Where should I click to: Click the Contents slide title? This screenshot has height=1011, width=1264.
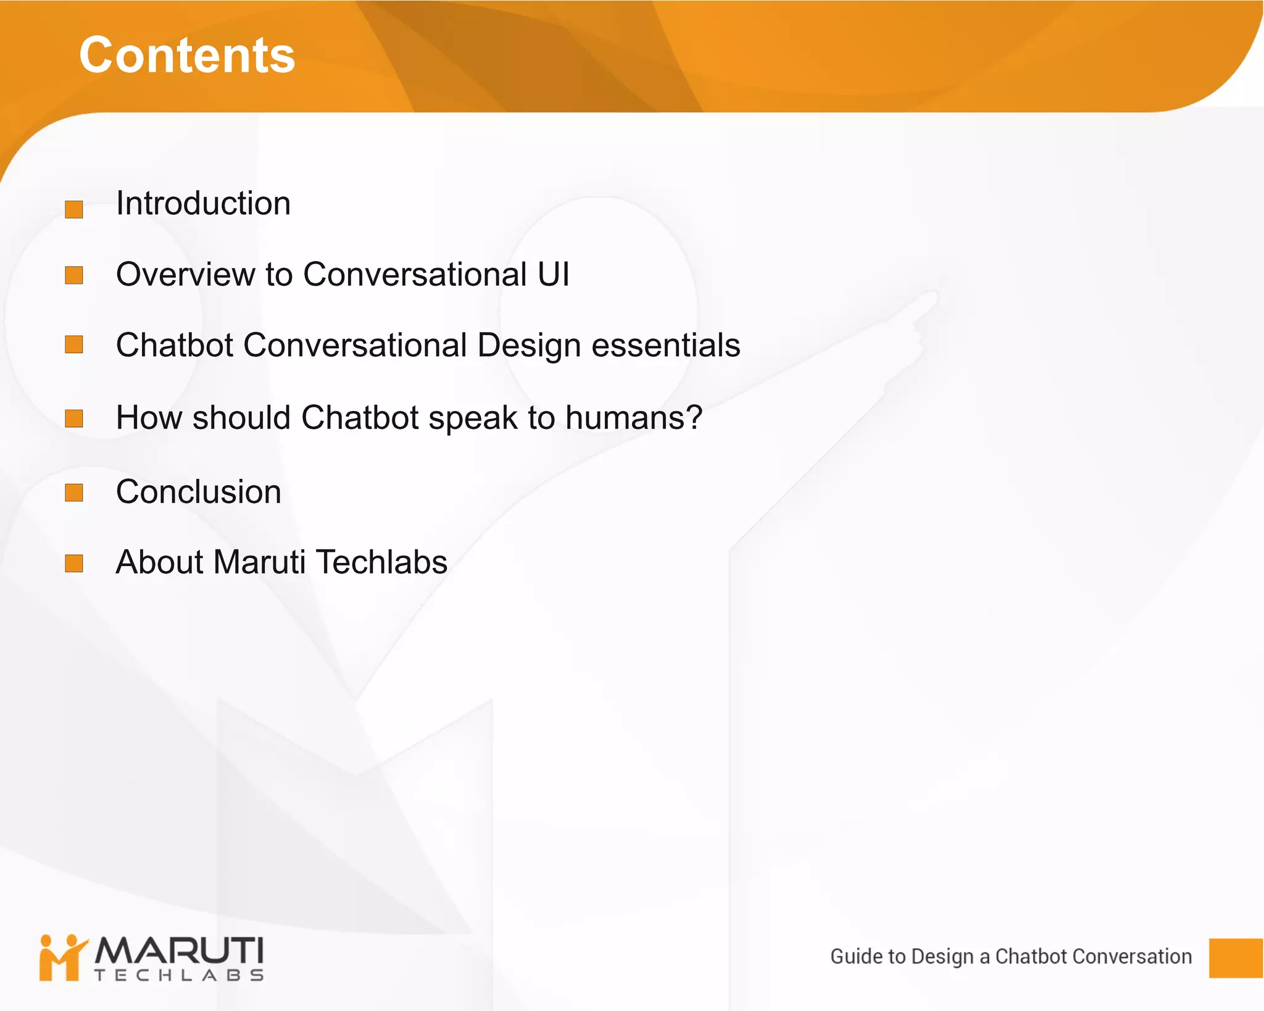[x=187, y=56]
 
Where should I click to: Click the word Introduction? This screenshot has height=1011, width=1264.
[x=203, y=204]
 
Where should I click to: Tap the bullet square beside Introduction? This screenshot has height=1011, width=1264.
[x=74, y=209]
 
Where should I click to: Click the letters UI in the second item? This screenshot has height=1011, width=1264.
[x=553, y=274]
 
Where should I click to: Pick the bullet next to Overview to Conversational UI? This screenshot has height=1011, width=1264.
[x=74, y=275]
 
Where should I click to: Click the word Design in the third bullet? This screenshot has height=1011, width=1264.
[x=529, y=346]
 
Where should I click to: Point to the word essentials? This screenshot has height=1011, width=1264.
[x=665, y=345]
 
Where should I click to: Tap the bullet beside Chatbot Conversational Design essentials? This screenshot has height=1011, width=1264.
[x=74, y=344]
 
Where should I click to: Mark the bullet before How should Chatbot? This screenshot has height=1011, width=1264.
[x=74, y=418]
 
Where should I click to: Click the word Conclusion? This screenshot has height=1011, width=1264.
[x=198, y=492]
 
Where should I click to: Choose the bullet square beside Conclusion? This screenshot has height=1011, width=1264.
[x=74, y=493]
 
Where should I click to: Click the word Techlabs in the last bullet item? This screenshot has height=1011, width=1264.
[x=381, y=562]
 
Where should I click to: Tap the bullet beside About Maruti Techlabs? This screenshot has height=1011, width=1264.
[x=74, y=564]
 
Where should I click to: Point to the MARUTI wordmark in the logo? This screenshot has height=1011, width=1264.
[x=179, y=951]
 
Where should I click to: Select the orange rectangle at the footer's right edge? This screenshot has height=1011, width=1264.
[x=1235, y=958]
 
